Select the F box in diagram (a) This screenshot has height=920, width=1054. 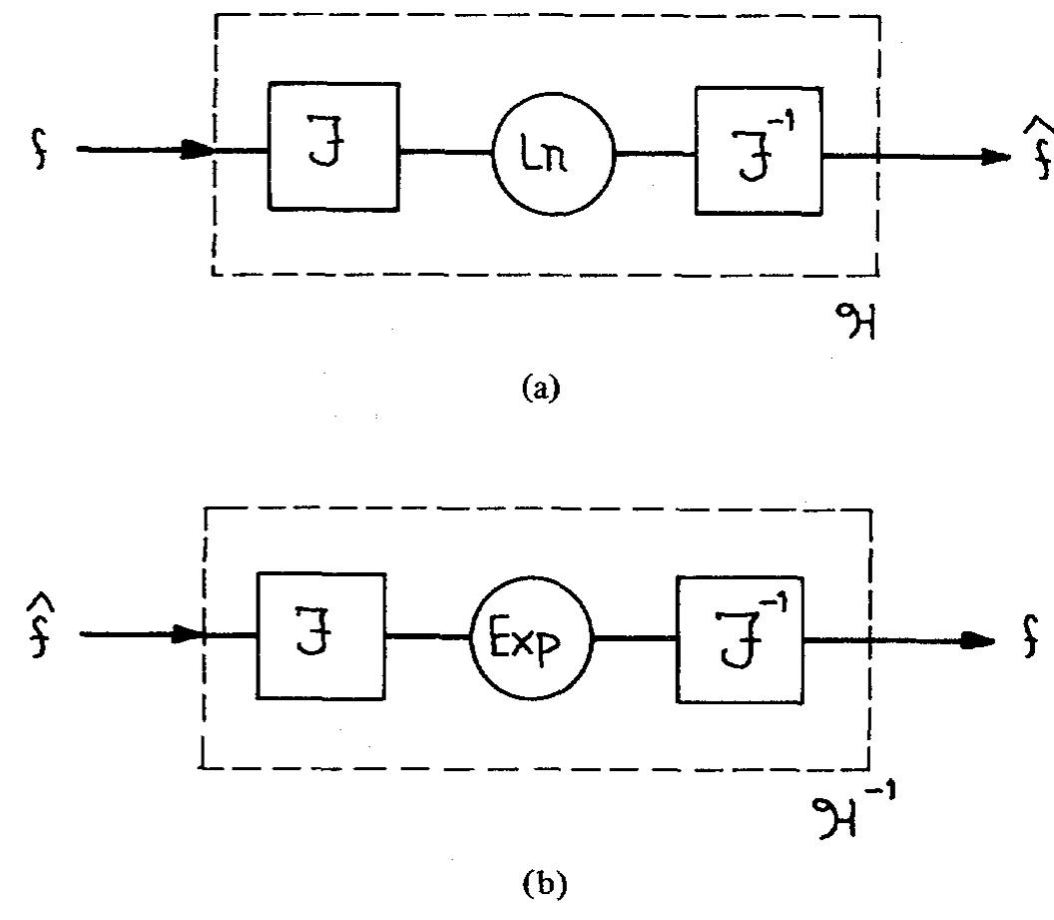tap(333, 147)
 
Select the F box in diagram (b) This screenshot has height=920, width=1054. tap(321, 635)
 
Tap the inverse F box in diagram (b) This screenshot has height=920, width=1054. tap(739, 636)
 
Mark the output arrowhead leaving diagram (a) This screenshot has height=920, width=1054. tap(994, 157)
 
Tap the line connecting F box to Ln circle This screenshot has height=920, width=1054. tap(445, 153)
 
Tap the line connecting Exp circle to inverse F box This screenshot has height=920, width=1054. tap(634, 637)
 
